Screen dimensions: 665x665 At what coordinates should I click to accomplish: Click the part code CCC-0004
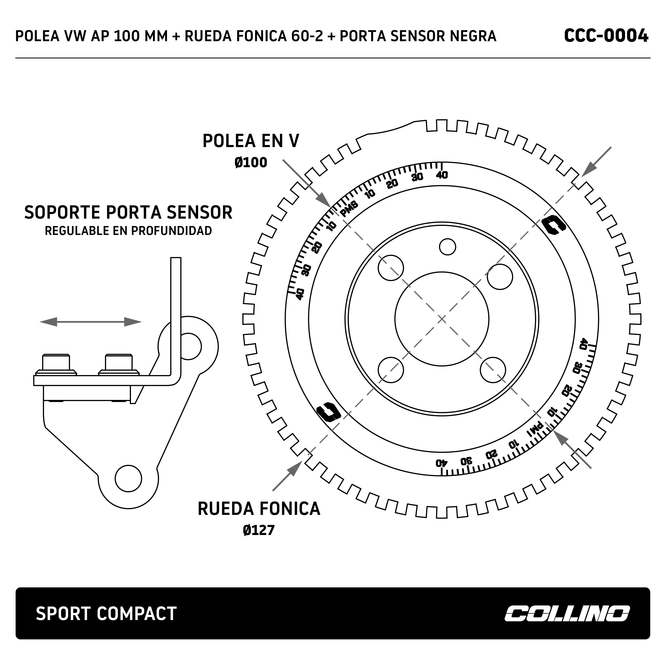click(606, 36)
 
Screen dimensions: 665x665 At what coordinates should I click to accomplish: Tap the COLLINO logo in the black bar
click(567, 613)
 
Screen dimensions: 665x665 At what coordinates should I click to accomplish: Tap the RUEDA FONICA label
click(259, 509)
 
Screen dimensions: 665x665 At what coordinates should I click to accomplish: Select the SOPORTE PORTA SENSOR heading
click(128, 212)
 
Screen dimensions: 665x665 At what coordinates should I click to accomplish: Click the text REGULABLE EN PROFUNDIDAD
click(128, 231)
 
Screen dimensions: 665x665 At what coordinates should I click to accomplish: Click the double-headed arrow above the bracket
click(91, 322)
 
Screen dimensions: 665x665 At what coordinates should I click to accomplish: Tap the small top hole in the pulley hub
click(448, 247)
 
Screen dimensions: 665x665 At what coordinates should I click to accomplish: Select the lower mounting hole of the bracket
click(128, 478)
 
